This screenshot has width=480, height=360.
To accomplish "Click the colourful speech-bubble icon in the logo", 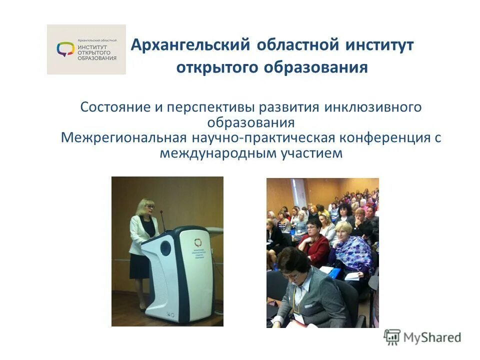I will coord(65,49).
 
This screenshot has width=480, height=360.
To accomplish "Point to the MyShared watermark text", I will coord(432,337).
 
